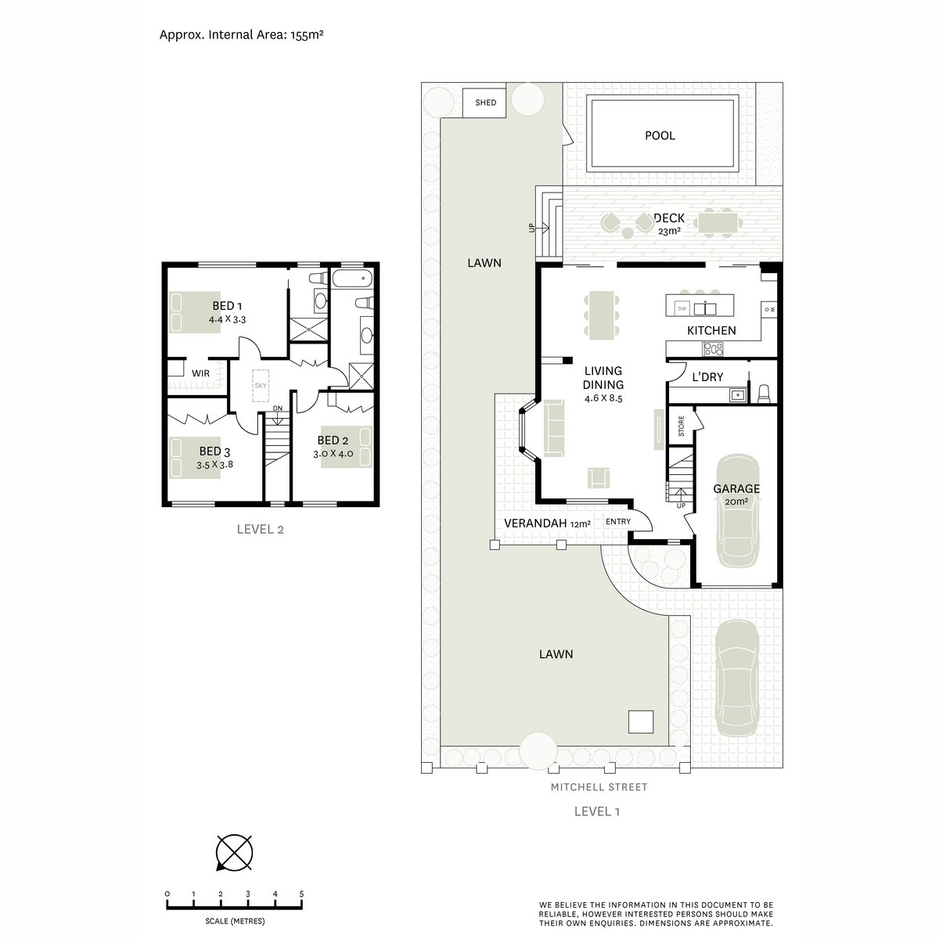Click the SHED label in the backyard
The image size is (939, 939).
click(x=485, y=103)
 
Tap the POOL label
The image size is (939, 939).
click(x=660, y=135)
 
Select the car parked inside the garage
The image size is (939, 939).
click(x=737, y=512)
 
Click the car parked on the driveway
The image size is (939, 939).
click(x=737, y=678)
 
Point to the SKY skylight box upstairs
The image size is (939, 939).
click(x=261, y=386)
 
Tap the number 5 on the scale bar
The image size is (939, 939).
click(x=301, y=894)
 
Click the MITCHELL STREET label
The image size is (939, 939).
click(x=599, y=786)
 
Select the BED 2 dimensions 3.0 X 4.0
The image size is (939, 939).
click(x=333, y=454)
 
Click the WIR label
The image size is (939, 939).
click(x=200, y=373)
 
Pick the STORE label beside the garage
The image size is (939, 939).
click(x=681, y=426)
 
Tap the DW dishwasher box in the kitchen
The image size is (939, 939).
click(x=682, y=308)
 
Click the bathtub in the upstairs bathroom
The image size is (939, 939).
click(x=352, y=279)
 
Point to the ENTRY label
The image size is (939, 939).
click(x=618, y=521)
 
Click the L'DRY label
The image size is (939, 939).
click(x=707, y=376)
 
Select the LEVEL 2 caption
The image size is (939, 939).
click(x=261, y=529)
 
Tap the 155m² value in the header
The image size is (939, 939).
click(x=307, y=34)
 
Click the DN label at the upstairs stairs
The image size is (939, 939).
click(x=277, y=408)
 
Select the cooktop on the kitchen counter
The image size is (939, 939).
click(x=713, y=349)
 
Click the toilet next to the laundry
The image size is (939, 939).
click(x=764, y=394)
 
